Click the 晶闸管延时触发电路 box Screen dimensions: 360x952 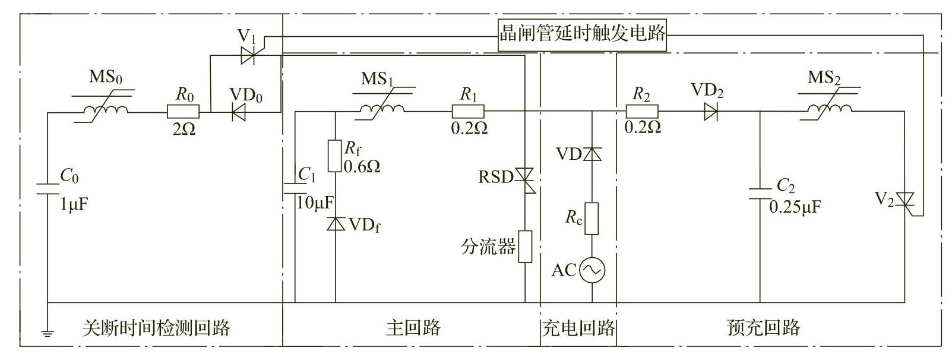(x=582, y=33)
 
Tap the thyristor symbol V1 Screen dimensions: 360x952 (x=248, y=56)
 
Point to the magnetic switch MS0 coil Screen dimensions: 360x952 (x=105, y=110)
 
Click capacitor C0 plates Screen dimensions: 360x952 (x=47, y=189)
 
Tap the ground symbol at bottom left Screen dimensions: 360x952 (x=47, y=332)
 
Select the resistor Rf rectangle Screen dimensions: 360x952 (x=336, y=155)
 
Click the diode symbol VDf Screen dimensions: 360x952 (x=336, y=224)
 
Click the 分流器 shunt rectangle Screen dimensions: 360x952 (x=525, y=246)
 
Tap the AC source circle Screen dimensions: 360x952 (x=592, y=271)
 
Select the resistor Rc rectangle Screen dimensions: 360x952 (x=592, y=218)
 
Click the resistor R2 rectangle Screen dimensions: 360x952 (x=642, y=111)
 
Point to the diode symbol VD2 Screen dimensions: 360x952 (x=710, y=111)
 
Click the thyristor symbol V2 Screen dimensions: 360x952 (x=905, y=200)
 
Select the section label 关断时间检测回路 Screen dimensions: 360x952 (x=156, y=327)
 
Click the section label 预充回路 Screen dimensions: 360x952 (x=763, y=327)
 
